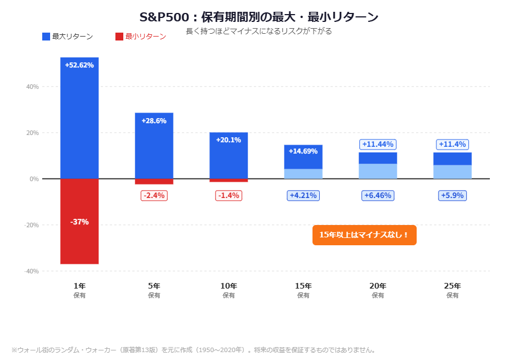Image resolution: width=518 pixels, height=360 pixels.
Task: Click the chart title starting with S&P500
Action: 259,17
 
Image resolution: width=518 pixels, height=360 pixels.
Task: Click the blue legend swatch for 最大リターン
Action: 46,37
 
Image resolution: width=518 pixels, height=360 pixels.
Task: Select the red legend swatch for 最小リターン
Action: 119,37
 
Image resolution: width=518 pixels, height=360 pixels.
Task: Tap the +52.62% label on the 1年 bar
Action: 79,65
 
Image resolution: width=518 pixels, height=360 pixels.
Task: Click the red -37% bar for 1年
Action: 79,236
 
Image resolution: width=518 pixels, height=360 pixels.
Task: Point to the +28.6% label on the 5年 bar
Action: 154,121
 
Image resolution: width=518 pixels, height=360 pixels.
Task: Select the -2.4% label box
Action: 154,196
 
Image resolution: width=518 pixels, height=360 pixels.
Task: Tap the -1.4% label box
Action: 229,196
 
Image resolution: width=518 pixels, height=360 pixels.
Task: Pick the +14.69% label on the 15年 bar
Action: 303,151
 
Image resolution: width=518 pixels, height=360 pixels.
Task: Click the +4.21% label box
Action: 303,196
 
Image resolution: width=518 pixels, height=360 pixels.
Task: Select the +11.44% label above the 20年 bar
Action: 378,145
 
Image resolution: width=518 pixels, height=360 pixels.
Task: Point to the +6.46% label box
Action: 378,196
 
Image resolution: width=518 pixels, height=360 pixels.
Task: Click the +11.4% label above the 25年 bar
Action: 452,145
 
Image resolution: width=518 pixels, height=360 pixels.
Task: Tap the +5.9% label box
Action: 452,196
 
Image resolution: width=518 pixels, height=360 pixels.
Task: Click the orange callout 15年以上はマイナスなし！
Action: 364,235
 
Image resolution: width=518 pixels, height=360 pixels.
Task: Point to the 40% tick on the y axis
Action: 32,87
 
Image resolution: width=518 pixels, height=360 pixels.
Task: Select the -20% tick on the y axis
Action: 31,225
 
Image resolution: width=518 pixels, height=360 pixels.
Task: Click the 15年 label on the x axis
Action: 303,286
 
